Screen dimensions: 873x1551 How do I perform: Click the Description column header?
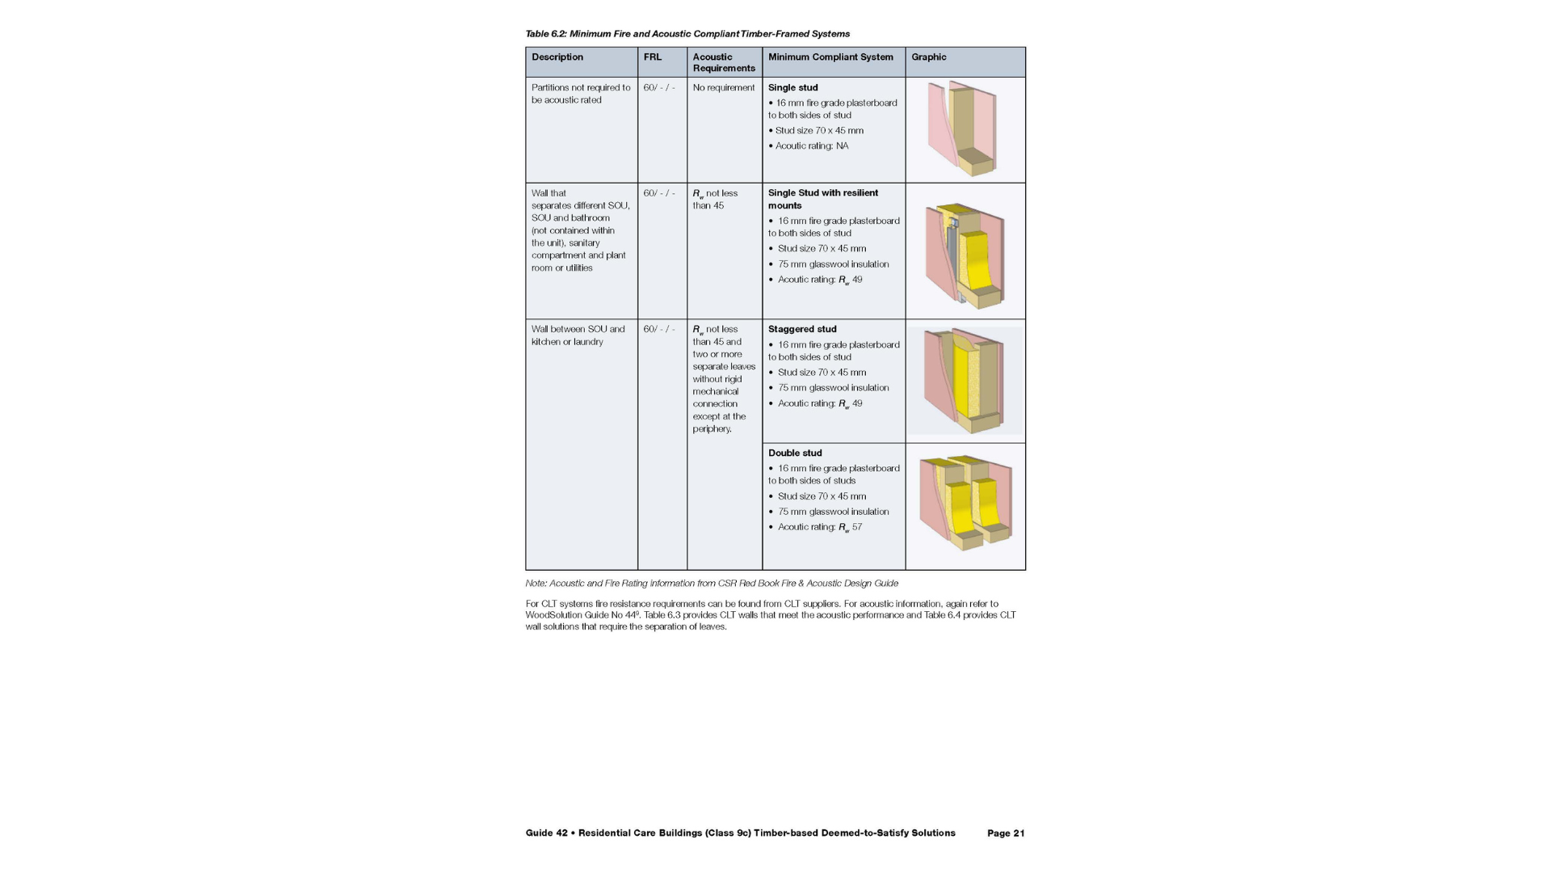[557, 57]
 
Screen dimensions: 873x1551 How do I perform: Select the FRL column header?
[652, 57]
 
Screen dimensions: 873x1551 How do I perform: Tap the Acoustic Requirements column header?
[723, 62]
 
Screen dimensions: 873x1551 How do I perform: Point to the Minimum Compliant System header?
[830, 57]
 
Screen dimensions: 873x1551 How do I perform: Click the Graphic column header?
[928, 57]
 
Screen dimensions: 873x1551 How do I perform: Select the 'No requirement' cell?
[723, 87]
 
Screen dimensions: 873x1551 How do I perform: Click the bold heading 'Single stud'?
[792, 87]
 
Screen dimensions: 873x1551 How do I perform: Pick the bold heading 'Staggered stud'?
[802, 329]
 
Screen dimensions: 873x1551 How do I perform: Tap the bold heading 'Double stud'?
[795, 453]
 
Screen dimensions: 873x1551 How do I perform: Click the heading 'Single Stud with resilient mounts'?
[822, 199]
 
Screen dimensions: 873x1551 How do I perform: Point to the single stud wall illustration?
[962, 129]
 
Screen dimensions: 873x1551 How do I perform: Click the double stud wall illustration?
[965, 503]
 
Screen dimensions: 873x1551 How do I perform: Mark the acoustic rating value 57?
[856, 527]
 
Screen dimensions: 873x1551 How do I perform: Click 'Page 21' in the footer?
[1006, 833]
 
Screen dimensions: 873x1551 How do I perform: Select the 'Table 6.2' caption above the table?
[687, 34]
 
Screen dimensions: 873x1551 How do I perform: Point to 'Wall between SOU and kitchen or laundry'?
[578, 335]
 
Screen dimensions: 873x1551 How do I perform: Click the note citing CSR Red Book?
[711, 583]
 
